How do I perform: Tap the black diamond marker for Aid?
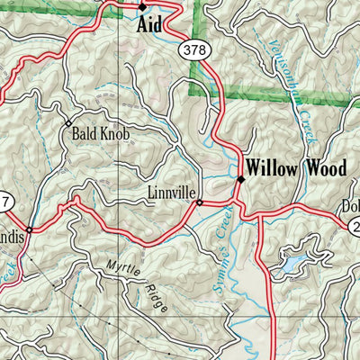pyautogui.click(x=142, y=7)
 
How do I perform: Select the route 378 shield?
pyautogui.click(x=193, y=50)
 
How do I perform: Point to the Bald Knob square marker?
pyautogui.click(x=67, y=122)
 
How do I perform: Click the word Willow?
pyautogui.click(x=274, y=168)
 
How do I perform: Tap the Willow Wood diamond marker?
pyautogui.click(x=240, y=180)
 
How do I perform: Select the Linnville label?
pyautogui.click(x=169, y=193)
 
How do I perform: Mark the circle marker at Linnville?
pyautogui.click(x=199, y=202)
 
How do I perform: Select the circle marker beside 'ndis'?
pyautogui.click(x=29, y=229)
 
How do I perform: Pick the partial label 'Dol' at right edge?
pyautogui.click(x=350, y=206)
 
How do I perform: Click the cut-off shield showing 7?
pyautogui.click(x=4, y=200)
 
